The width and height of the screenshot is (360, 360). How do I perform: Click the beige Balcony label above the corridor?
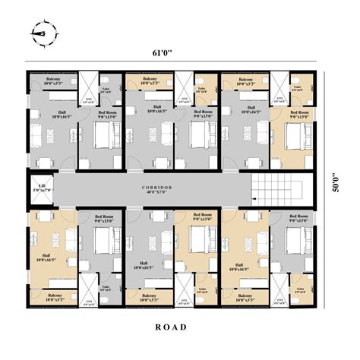click(x=150, y=79)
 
